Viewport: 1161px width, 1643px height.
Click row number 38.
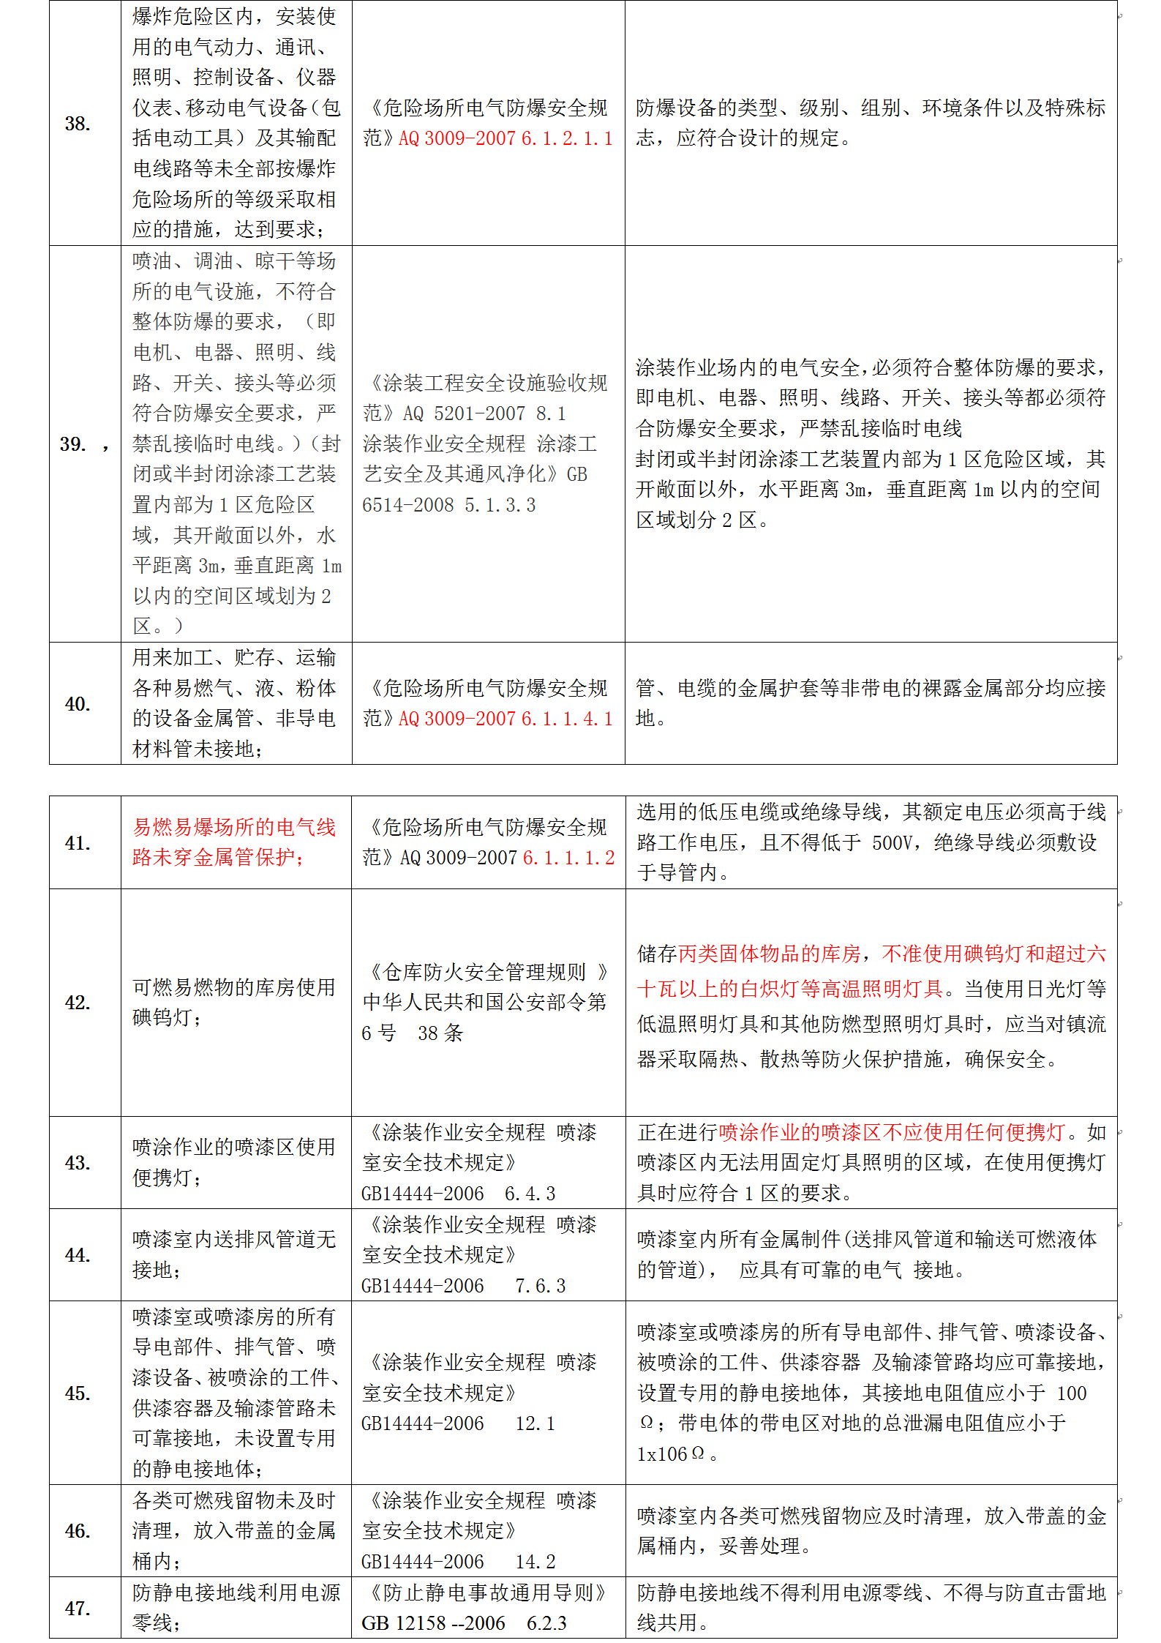click(77, 124)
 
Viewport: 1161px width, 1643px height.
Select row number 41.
click(77, 843)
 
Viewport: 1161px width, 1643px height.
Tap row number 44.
click(77, 1255)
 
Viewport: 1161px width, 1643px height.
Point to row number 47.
click(77, 1608)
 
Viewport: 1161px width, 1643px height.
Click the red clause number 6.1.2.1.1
click(567, 138)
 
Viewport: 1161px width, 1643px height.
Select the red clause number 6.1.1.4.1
click(567, 719)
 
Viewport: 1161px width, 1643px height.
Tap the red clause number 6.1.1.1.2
click(569, 858)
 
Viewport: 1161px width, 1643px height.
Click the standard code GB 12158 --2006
click(433, 1623)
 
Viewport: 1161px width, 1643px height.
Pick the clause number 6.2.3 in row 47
click(546, 1623)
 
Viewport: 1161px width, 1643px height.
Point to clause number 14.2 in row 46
click(536, 1562)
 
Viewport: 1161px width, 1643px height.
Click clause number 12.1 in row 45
click(536, 1423)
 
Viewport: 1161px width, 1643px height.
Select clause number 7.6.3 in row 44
click(541, 1286)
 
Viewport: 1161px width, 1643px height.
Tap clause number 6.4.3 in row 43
click(530, 1194)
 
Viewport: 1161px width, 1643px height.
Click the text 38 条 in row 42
click(440, 1033)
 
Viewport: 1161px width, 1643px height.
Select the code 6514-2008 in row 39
click(408, 505)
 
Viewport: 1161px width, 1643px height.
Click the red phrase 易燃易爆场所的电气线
click(234, 828)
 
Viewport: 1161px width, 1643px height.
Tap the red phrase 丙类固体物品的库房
click(769, 954)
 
